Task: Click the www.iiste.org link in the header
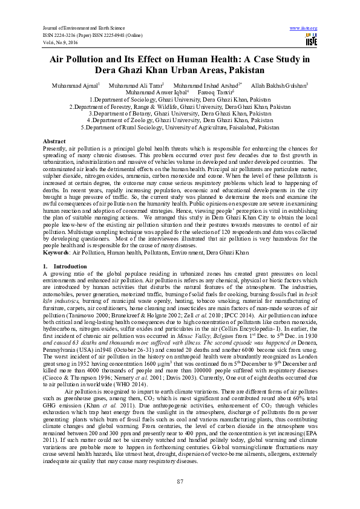304,28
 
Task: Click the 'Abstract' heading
54,140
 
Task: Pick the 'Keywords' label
56,251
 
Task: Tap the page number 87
180,481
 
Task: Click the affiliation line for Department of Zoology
180,121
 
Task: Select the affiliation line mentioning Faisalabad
180,128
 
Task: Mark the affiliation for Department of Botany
180,114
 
